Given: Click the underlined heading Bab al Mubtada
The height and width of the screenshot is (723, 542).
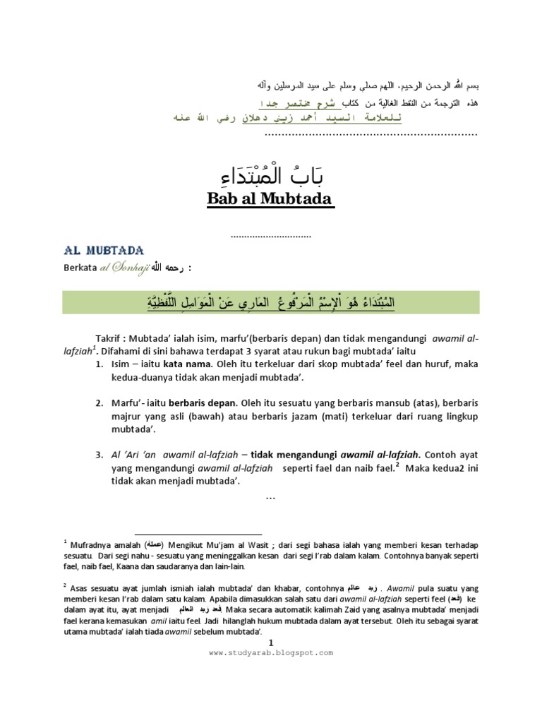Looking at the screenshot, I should [x=270, y=200].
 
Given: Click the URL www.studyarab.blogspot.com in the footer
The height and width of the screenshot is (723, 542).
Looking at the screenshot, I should [x=270, y=653].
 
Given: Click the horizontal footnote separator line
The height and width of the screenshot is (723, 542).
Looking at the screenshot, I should [x=198, y=534].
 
